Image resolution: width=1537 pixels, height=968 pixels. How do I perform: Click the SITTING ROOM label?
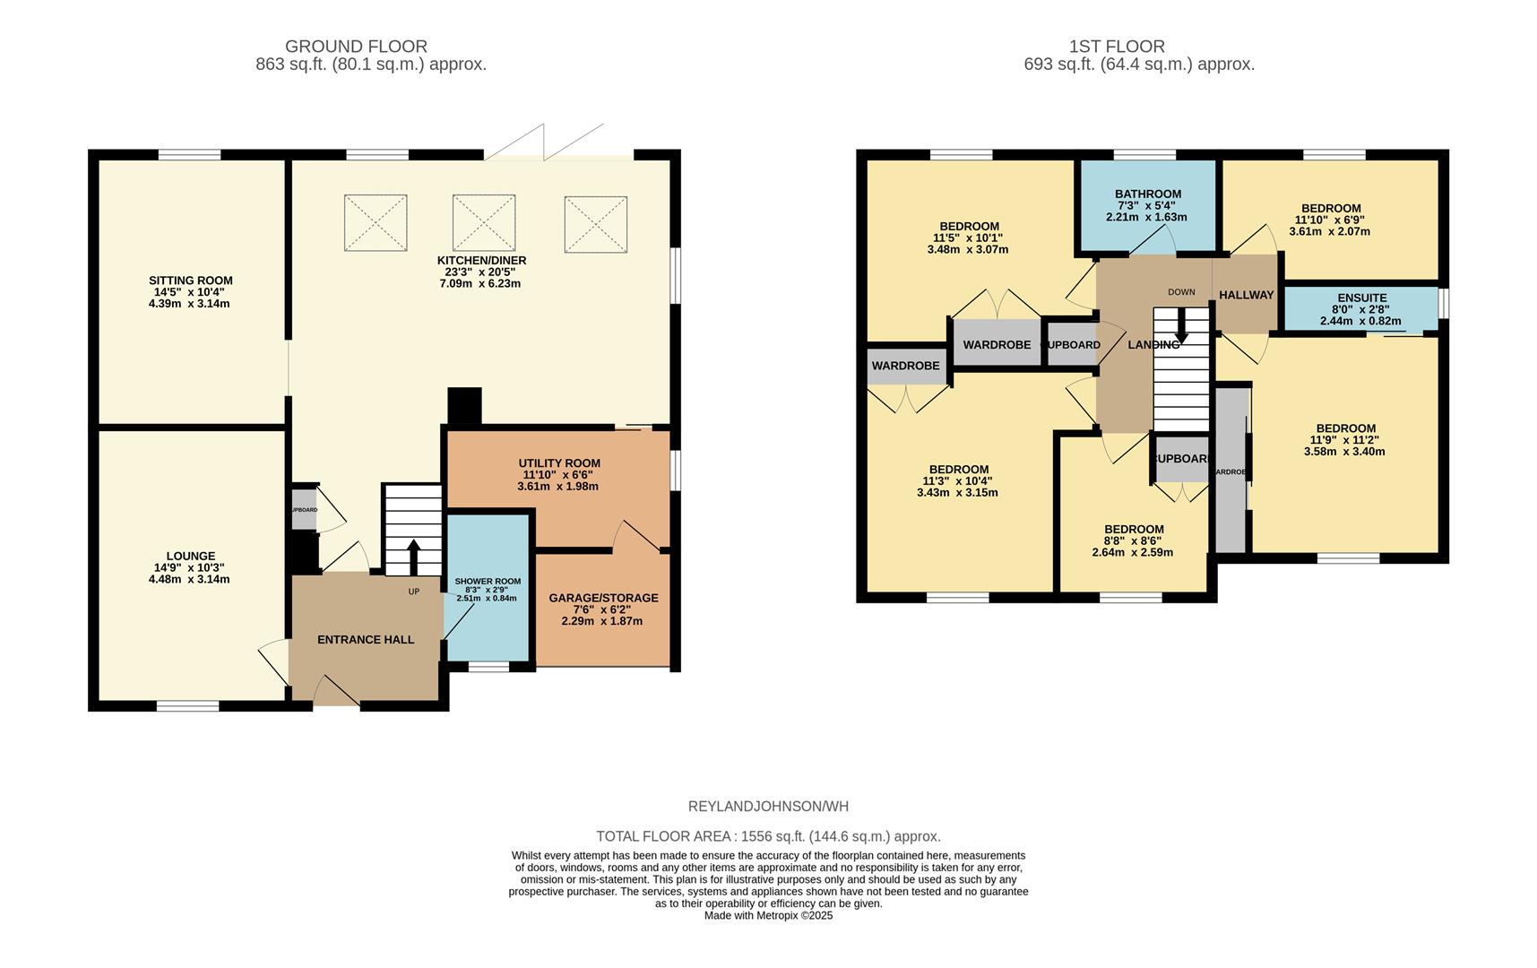(x=190, y=281)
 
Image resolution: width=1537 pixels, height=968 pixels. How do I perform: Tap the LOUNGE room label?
(x=190, y=556)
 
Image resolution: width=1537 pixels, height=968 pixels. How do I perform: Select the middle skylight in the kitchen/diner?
(x=483, y=222)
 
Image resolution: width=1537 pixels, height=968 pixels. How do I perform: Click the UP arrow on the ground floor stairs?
(x=413, y=556)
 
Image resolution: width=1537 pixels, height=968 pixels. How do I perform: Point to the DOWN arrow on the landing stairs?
(x=1181, y=326)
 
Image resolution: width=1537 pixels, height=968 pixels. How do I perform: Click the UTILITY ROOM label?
(x=559, y=463)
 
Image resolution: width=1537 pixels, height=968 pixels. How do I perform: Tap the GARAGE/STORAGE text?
(x=603, y=598)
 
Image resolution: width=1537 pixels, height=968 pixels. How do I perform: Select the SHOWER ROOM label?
(x=488, y=581)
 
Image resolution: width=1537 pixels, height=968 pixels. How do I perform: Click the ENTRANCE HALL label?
(x=366, y=639)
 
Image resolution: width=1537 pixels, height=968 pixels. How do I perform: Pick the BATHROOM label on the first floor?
(x=1147, y=194)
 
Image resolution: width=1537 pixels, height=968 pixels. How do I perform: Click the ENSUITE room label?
(x=1361, y=298)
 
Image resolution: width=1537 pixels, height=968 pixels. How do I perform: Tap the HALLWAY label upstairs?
(x=1246, y=295)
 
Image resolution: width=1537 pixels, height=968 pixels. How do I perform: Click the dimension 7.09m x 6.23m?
(x=479, y=283)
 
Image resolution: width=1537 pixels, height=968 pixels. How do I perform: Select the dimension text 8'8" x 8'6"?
(x=1133, y=540)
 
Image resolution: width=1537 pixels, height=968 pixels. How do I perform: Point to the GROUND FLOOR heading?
(x=356, y=46)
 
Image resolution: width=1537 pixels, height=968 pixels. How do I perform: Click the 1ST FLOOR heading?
(x=1117, y=46)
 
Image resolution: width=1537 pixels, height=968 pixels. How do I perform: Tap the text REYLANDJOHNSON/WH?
(x=768, y=806)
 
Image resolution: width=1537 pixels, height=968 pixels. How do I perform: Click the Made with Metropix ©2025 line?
(x=768, y=915)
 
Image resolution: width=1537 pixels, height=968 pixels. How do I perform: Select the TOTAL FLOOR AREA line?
(x=768, y=836)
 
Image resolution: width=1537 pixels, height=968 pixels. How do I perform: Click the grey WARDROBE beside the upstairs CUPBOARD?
(x=997, y=344)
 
